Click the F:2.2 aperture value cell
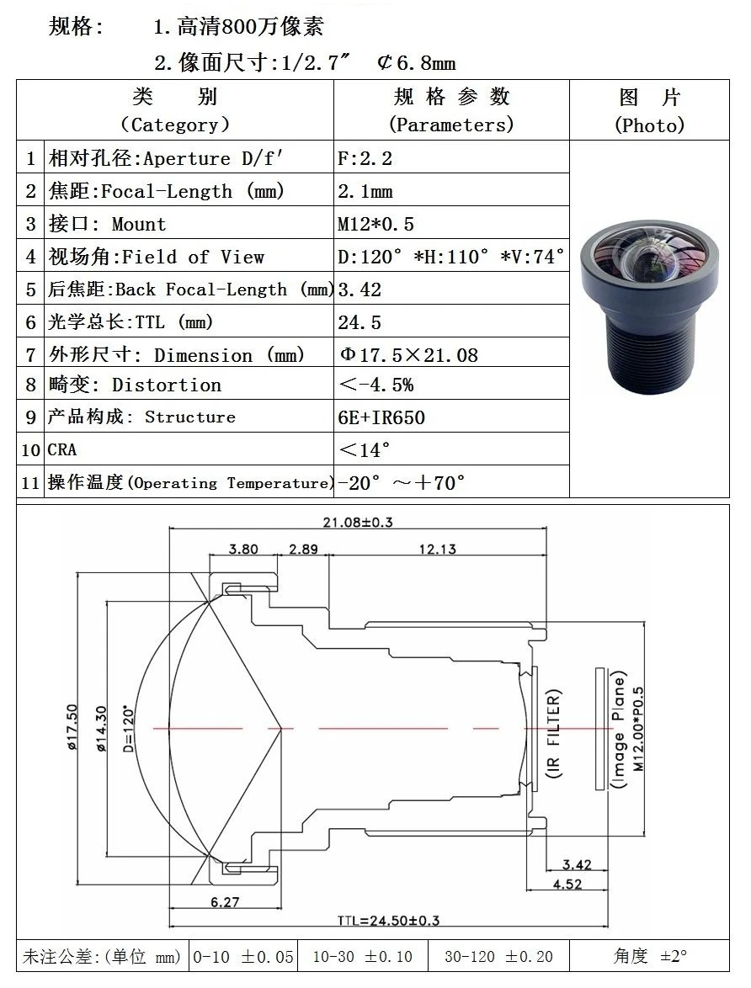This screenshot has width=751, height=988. (x=365, y=158)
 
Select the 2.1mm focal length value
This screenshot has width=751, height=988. (x=365, y=191)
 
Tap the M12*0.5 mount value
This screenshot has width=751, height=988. (x=375, y=224)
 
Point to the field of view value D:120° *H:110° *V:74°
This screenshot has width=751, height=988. (x=450, y=257)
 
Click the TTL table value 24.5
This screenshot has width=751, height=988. (x=360, y=322)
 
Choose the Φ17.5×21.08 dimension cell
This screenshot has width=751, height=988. (x=408, y=355)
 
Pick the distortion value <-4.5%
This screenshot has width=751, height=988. (x=375, y=385)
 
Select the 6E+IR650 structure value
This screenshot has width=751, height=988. (x=381, y=417)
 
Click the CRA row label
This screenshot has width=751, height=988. (x=61, y=450)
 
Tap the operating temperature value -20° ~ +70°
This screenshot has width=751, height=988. (x=402, y=482)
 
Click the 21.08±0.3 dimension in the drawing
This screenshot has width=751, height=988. (x=358, y=522)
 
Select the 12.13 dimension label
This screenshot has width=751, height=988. (x=438, y=550)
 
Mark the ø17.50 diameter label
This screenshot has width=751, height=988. (x=72, y=725)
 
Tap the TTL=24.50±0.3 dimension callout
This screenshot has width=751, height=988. (x=388, y=921)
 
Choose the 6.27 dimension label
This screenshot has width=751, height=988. (x=224, y=902)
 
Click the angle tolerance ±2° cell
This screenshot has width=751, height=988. (x=650, y=956)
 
